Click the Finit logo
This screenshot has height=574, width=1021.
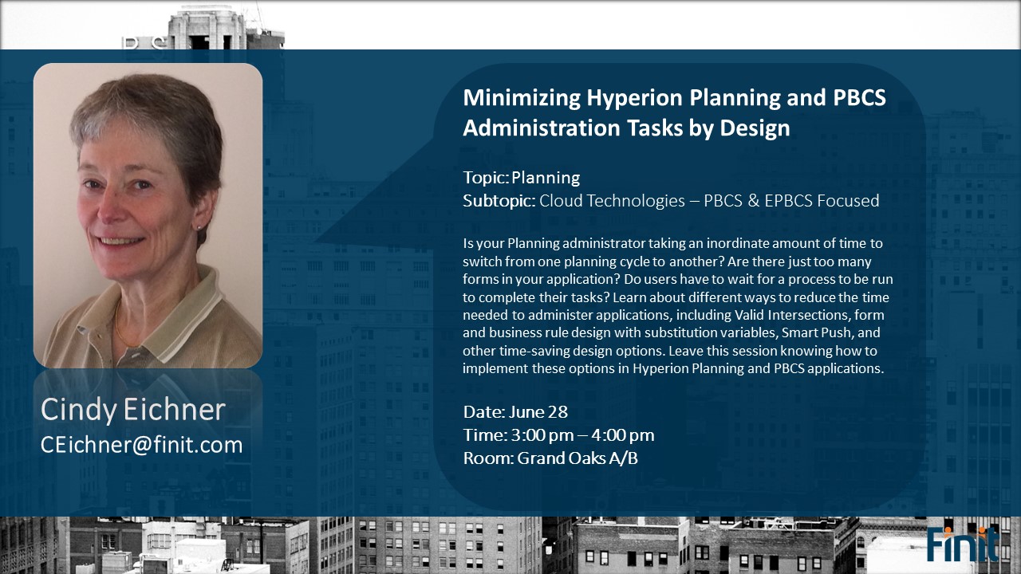coord(963,544)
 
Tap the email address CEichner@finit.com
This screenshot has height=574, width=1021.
coord(142,445)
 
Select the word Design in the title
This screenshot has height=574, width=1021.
coord(755,129)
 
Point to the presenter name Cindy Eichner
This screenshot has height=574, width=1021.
coord(133,409)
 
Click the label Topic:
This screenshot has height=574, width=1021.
coord(486,178)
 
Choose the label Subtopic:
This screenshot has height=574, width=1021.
coord(499,201)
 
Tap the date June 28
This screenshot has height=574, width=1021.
coord(538,412)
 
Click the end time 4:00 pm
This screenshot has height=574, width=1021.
coord(623,435)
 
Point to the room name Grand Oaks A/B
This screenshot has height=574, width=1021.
coord(578,458)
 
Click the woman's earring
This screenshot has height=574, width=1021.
coord(199,226)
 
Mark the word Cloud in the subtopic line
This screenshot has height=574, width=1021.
coord(559,200)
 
